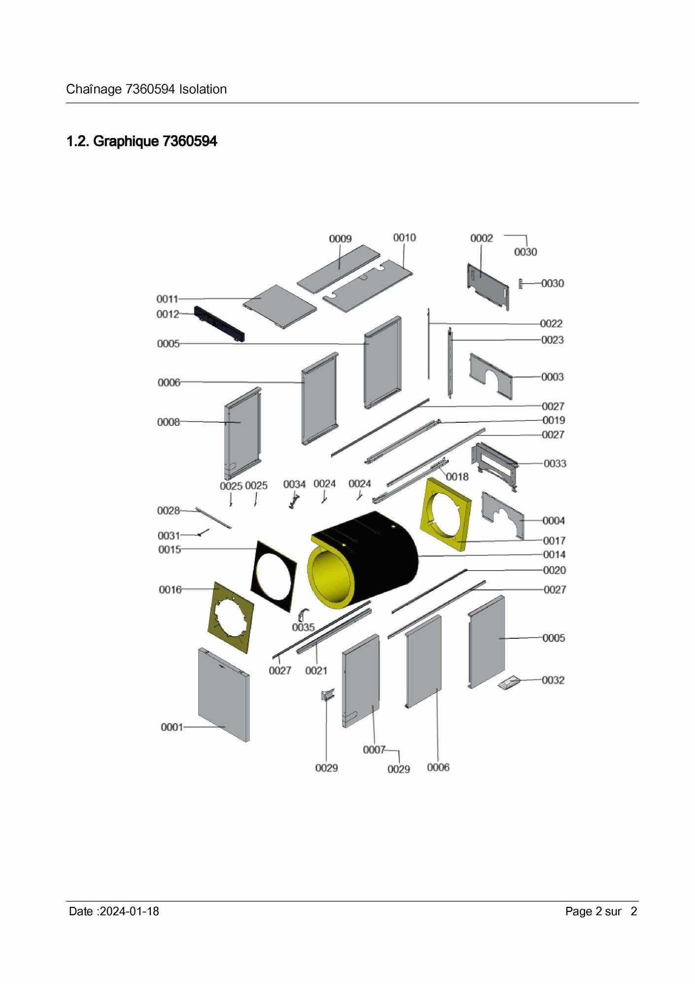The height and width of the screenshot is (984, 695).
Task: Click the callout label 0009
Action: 340,239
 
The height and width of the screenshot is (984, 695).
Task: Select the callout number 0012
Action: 168,314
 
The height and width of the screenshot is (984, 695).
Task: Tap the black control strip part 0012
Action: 220,324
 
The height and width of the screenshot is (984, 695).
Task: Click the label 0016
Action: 170,590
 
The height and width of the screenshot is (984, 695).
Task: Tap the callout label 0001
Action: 172,728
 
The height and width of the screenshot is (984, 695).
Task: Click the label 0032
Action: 553,680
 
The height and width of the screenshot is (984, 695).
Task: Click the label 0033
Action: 555,464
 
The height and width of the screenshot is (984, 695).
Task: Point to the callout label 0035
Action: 303,627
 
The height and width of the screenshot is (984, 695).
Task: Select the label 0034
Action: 294,484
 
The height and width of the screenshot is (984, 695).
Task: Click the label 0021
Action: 316,671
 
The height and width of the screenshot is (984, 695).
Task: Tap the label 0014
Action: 554,555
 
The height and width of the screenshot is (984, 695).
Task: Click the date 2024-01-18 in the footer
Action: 129,911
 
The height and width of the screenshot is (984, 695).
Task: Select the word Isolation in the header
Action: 203,89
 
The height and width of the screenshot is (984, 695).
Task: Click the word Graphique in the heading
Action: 126,142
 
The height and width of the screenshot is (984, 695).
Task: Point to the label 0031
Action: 169,536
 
